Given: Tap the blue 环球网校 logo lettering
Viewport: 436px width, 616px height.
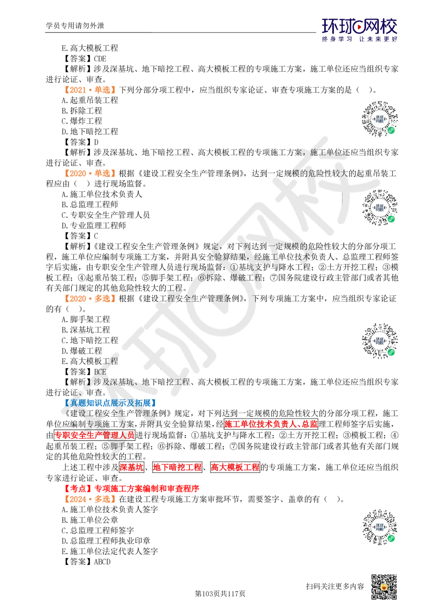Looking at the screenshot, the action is pyautogui.click(x=360, y=27).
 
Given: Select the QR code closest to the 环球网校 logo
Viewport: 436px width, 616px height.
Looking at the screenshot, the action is pyautogui.click(x=380, y=118).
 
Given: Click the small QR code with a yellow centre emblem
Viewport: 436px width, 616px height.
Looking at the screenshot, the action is pyautogui.click(x=383, y=587).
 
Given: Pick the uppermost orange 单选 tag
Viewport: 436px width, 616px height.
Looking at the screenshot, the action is pyautogui.click(x=89, y=90).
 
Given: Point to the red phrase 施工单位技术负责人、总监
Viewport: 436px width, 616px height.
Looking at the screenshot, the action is pyautogui.click(x=271, y=424).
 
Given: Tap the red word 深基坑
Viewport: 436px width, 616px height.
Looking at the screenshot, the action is pyautogui.click(x=132, y=467).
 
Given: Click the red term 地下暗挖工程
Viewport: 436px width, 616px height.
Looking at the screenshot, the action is pyautogui.click(x=177, y=467).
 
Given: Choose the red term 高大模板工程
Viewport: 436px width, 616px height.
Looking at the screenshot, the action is pyautogui.click(x=235, y=467).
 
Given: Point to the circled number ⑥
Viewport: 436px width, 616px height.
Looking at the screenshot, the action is pyautogui.click(x=201, y=278).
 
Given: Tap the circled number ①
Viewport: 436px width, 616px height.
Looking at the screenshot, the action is pyautogui.click(x=233, y=267).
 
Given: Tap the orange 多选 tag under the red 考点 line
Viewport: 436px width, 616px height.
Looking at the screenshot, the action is pyautogui.click(x=89, y=500).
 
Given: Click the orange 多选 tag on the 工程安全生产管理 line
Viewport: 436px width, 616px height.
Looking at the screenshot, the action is pyautogui.click(x=89, y=298).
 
